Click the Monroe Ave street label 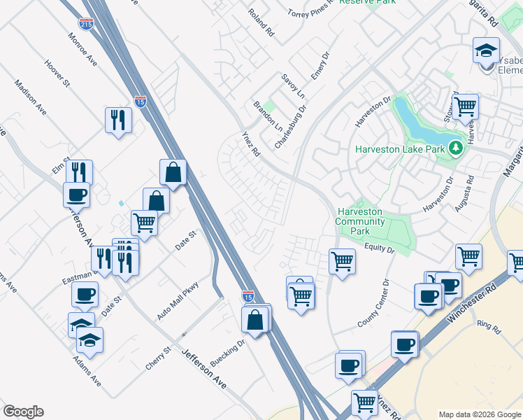[83, 48]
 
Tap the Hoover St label [57, 73]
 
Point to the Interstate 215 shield [86, 24]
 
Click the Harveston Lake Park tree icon [456, 148]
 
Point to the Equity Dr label [380, 248]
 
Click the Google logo [23, 412]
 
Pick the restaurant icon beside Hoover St [118, 119]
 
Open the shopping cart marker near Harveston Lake [464, 106]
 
